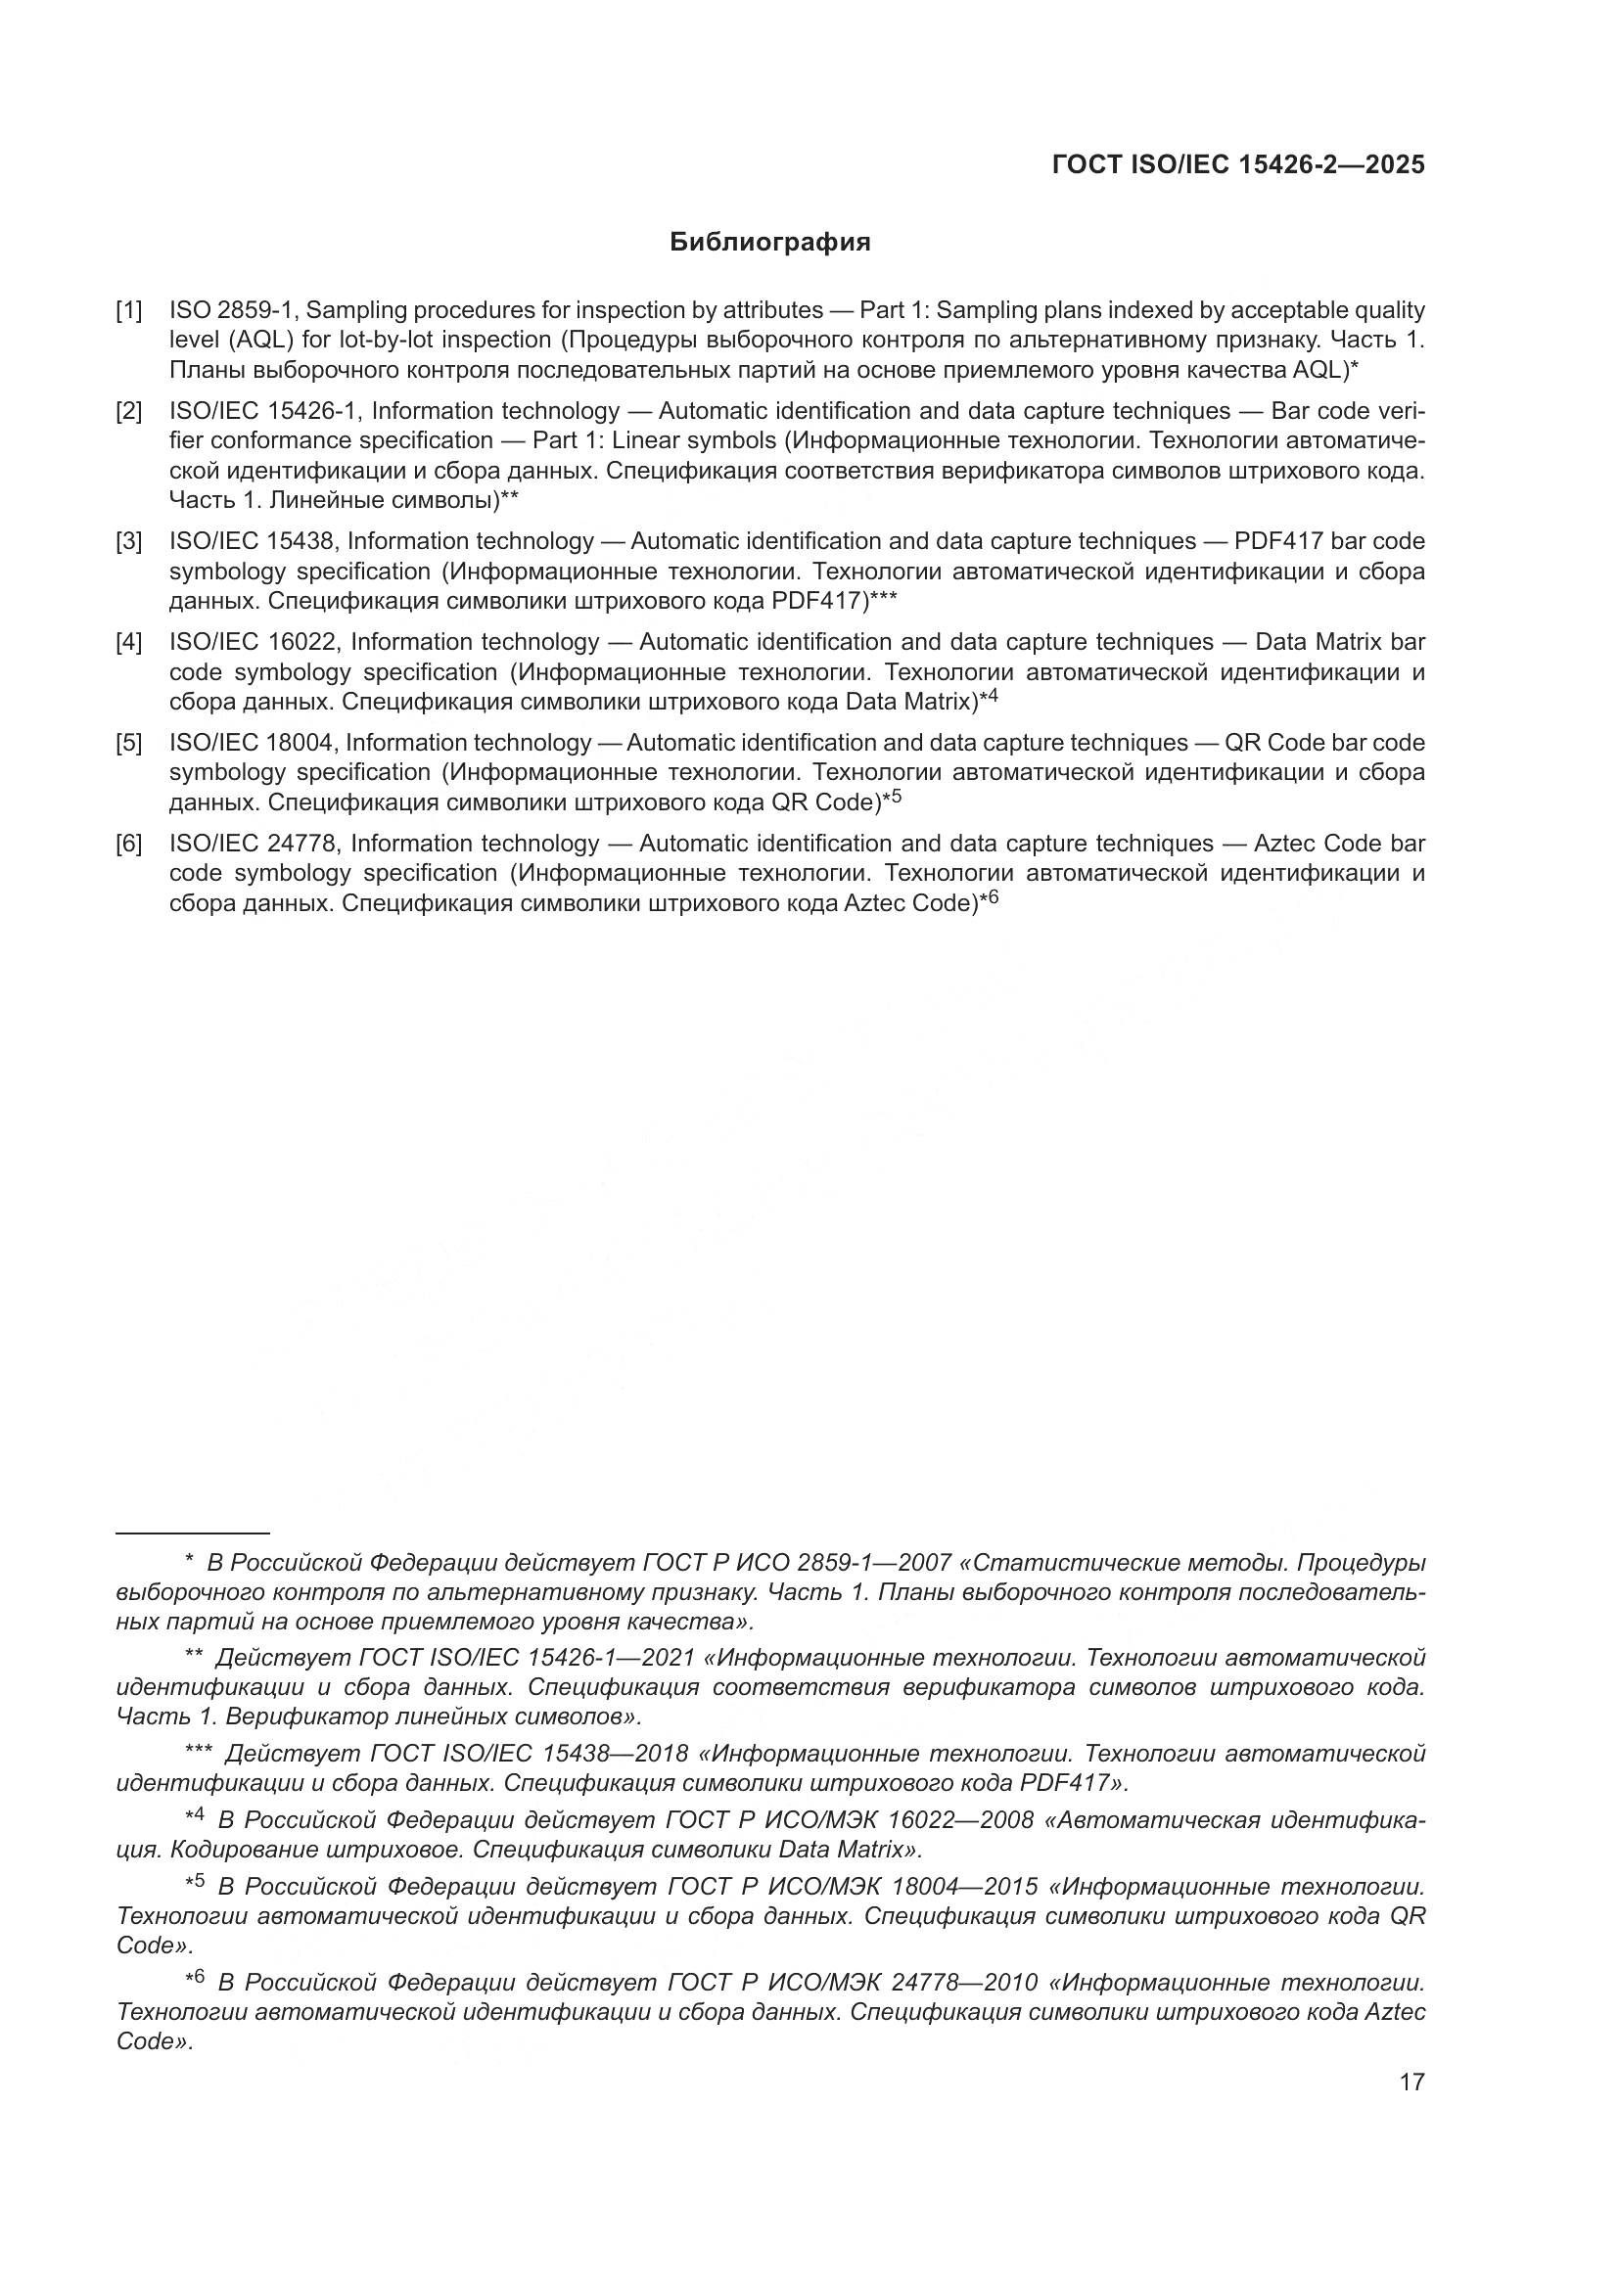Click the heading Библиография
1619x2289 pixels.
tap(769, 243)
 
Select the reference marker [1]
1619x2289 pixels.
tap(128, 310)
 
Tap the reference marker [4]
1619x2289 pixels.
tap(128, 642)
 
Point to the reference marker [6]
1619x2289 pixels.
tap(128, 844)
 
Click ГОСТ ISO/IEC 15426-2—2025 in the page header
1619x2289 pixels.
tap(1238, 165)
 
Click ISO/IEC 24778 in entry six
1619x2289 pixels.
tap(256, 844)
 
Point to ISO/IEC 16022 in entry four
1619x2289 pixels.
tap(256, 642)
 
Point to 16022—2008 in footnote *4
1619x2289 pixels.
tap(960, 1820)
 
